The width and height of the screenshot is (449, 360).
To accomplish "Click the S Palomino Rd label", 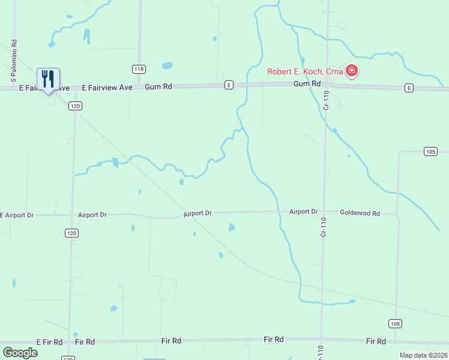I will (13, 61).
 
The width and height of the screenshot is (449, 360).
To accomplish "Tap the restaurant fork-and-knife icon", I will (49, 79).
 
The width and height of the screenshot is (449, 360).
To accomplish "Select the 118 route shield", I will (139, 69).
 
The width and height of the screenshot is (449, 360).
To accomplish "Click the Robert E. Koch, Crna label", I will (305, 72).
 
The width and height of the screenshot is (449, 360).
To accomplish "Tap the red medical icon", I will (352, 72).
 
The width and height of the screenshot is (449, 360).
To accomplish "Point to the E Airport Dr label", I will (17, 215).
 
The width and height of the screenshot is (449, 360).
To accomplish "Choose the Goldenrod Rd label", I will (360, 212).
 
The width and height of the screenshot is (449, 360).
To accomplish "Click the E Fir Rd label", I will (49, 342).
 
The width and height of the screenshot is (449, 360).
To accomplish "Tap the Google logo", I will (20, 353).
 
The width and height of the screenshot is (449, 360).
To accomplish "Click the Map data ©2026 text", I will (423, 355).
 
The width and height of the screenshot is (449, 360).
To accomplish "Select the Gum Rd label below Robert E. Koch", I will (307, 84).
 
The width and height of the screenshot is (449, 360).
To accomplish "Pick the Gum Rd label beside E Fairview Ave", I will (158, 87).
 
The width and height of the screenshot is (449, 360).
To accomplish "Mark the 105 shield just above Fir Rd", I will (394, 324).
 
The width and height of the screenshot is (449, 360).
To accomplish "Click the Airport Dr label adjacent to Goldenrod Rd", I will (303, 212).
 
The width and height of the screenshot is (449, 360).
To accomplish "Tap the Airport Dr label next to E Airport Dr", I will (92, 215).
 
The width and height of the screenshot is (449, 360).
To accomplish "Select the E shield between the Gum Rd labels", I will (229, 86).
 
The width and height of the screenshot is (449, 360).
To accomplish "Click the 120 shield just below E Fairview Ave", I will (74, 106).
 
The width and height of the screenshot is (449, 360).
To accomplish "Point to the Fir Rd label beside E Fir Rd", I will (85, 342).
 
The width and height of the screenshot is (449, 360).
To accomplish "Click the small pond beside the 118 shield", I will (167, 65).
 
